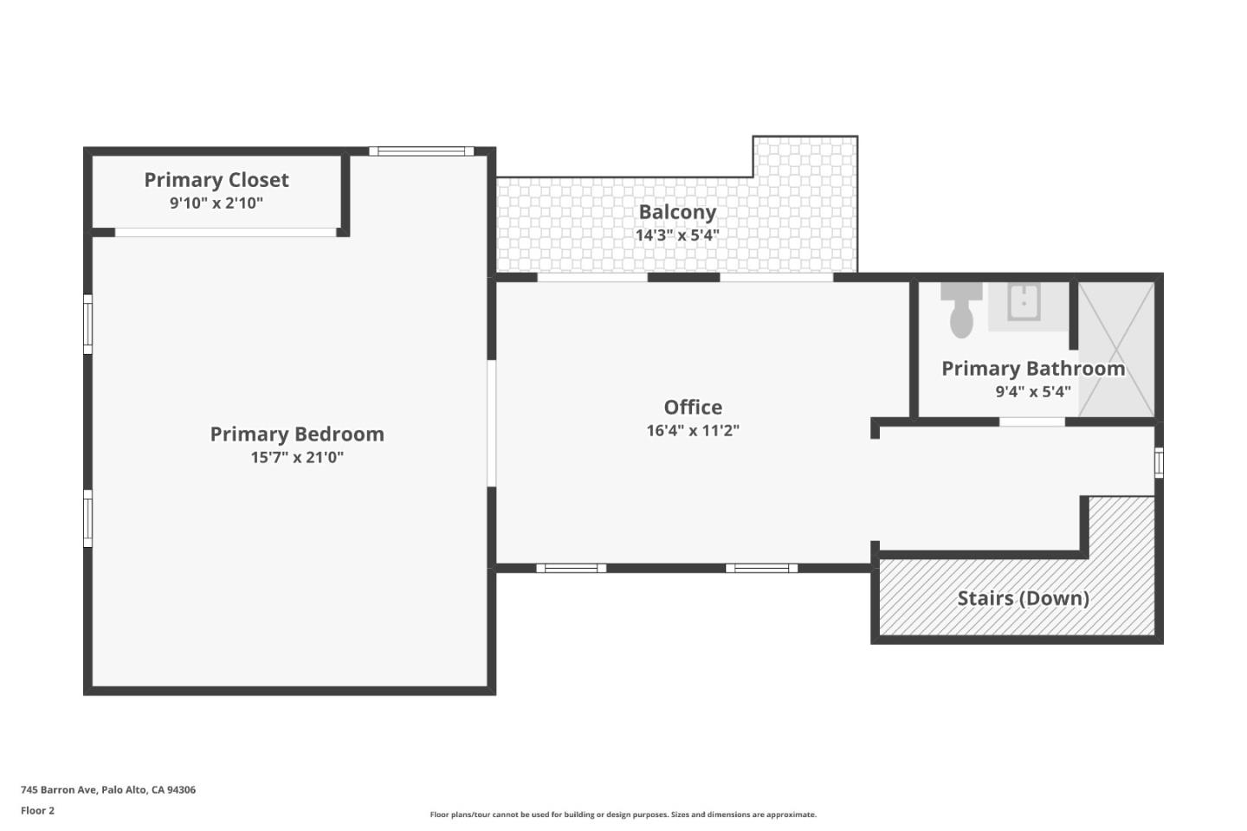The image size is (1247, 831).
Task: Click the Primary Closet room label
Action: pyautogui.click(x=216, y=180)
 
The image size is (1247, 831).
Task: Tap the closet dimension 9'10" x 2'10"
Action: pyautogui.click(x=216, y=203)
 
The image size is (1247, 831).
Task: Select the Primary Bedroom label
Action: pyautogui.click(x=297, y=435)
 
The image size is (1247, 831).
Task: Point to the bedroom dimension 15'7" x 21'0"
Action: pyautogui.click(x=297, y=457)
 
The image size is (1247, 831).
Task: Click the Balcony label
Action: pyautogui.click(x=677, y=212)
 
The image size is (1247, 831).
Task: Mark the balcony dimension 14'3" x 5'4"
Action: pyautogui.click(x=677, y=235)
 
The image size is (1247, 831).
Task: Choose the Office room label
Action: pyautogui.click(x=693, y=407)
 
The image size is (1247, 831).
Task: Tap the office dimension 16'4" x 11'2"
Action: pyautogui.click(x=693, y=430)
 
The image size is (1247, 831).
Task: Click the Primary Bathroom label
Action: pyautogui.click(x=1033, y=369)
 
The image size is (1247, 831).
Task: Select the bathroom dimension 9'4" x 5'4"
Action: pyautogui.click(x=1033, y=391)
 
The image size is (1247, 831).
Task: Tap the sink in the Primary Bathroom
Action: pyautogui.click(x=1024, y=303)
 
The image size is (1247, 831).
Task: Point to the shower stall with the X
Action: pyautogui.click(x=1116, y=348)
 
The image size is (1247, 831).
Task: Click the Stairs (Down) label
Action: pyautogui.click(x=1023, y=598)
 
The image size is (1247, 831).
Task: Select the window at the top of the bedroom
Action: pyautogui.click(x=422, y=151)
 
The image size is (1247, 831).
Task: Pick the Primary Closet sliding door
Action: pyautogui.click(x=225, y=232)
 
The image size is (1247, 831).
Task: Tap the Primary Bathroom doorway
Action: pyautogui.click(x=1032, y=422)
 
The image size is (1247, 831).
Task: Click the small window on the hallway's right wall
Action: pyautogui.click(x=1159, y=462)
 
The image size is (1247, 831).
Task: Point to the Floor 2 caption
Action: pyautogui.click(x=37, y=811)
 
